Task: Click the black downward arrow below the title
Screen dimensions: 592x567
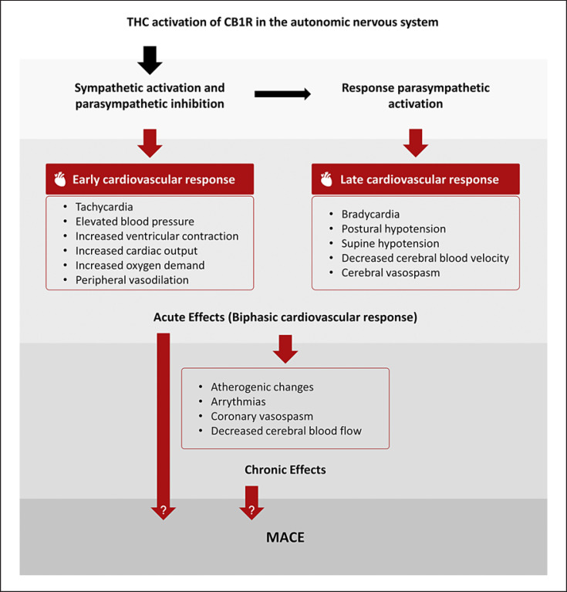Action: tap(151, 59)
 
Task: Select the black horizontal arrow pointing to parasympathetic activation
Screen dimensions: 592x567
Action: tap(282, 94)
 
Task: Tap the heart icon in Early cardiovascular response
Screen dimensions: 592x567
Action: tap(60, 180)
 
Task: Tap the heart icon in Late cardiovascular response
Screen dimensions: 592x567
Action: tap(326, 180)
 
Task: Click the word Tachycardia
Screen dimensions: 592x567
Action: tap(105, 208)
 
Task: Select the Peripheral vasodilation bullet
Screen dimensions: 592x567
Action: tap(132, 280)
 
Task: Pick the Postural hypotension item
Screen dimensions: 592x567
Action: tap(393, 228)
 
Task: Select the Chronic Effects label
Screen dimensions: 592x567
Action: tap(285, 469)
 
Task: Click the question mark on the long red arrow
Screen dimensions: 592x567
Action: tap(163, 510)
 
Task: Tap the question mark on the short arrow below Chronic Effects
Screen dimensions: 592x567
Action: tap(251, 510)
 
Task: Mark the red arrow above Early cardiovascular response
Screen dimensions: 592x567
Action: tap(151, 142)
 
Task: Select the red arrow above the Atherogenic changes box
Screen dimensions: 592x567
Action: tap(285, 348)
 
